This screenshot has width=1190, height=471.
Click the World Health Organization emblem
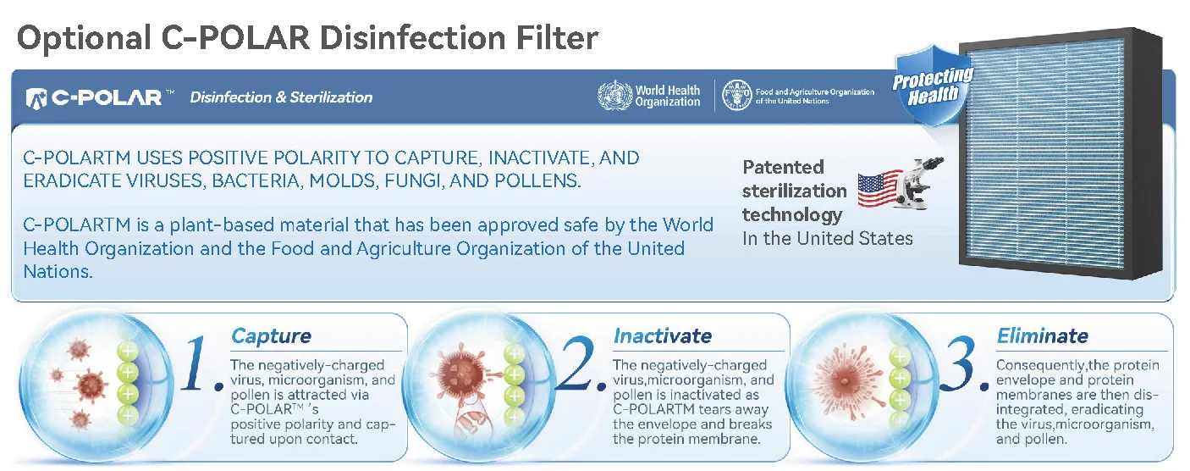click(614, 96)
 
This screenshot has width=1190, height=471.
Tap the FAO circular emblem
click(736, 96)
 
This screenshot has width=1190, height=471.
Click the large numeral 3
click(960, 364)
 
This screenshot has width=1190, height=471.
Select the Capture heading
click(272, 336)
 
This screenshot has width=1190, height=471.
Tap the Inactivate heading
click(663, 336)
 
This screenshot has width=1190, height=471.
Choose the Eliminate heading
click(1043, 336)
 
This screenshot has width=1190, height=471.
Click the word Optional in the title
click(85, 39)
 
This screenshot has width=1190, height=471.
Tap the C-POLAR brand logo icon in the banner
click(36, 97)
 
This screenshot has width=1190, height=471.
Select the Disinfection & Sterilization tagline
click(281, 97)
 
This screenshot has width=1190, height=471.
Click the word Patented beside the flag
click(783, 167)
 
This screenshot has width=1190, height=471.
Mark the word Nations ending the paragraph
click(58, 272)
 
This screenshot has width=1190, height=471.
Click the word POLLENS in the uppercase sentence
click(537, 180)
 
